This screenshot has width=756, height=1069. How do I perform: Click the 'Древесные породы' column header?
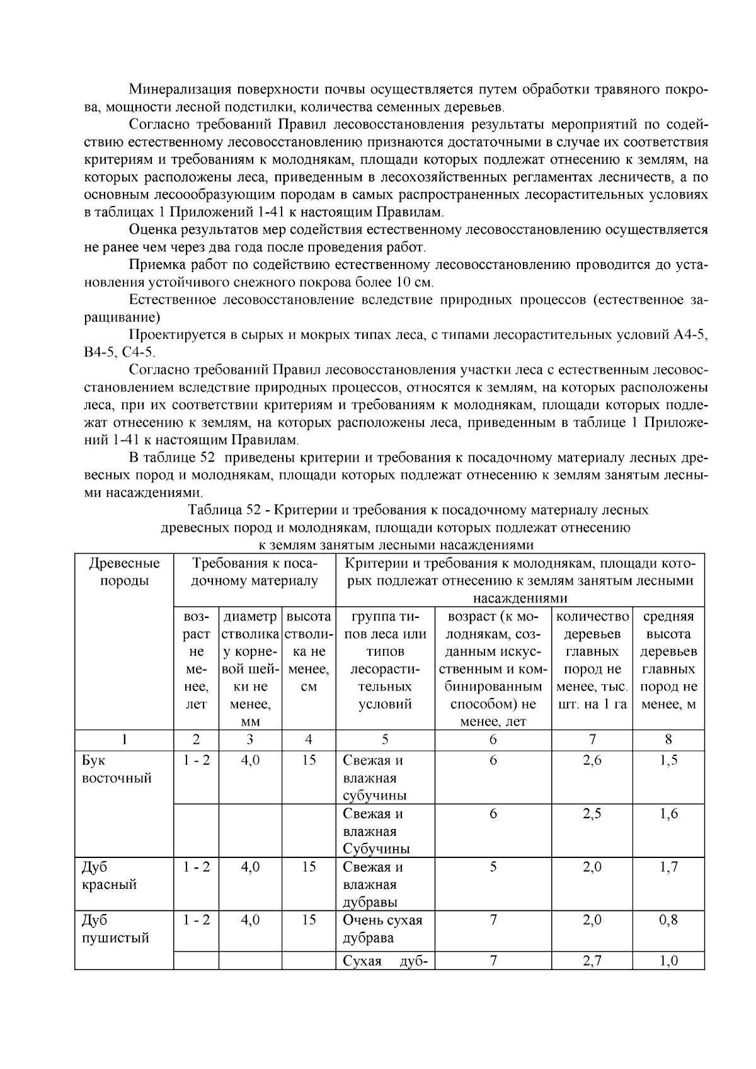coord(124,571)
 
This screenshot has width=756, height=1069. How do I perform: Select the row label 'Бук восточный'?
coord(117,769)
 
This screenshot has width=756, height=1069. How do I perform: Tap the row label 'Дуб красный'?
coord(109,875)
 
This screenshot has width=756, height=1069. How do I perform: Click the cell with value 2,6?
coord(592,760)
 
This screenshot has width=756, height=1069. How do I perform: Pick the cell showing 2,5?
coord(592,813)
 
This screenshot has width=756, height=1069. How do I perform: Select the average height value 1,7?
coord(668,867)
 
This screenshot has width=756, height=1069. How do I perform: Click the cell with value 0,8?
coord(668,920)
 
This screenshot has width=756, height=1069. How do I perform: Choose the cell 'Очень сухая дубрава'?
coord(382,929)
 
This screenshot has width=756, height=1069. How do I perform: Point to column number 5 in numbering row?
coord(385,739)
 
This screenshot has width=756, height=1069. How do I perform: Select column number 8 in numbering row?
coord(668,739)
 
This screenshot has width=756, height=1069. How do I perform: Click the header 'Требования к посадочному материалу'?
coord(255,571)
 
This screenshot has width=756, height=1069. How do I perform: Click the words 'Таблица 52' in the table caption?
coord(220,509)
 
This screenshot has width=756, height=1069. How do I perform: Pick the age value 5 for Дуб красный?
coord(493,867)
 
